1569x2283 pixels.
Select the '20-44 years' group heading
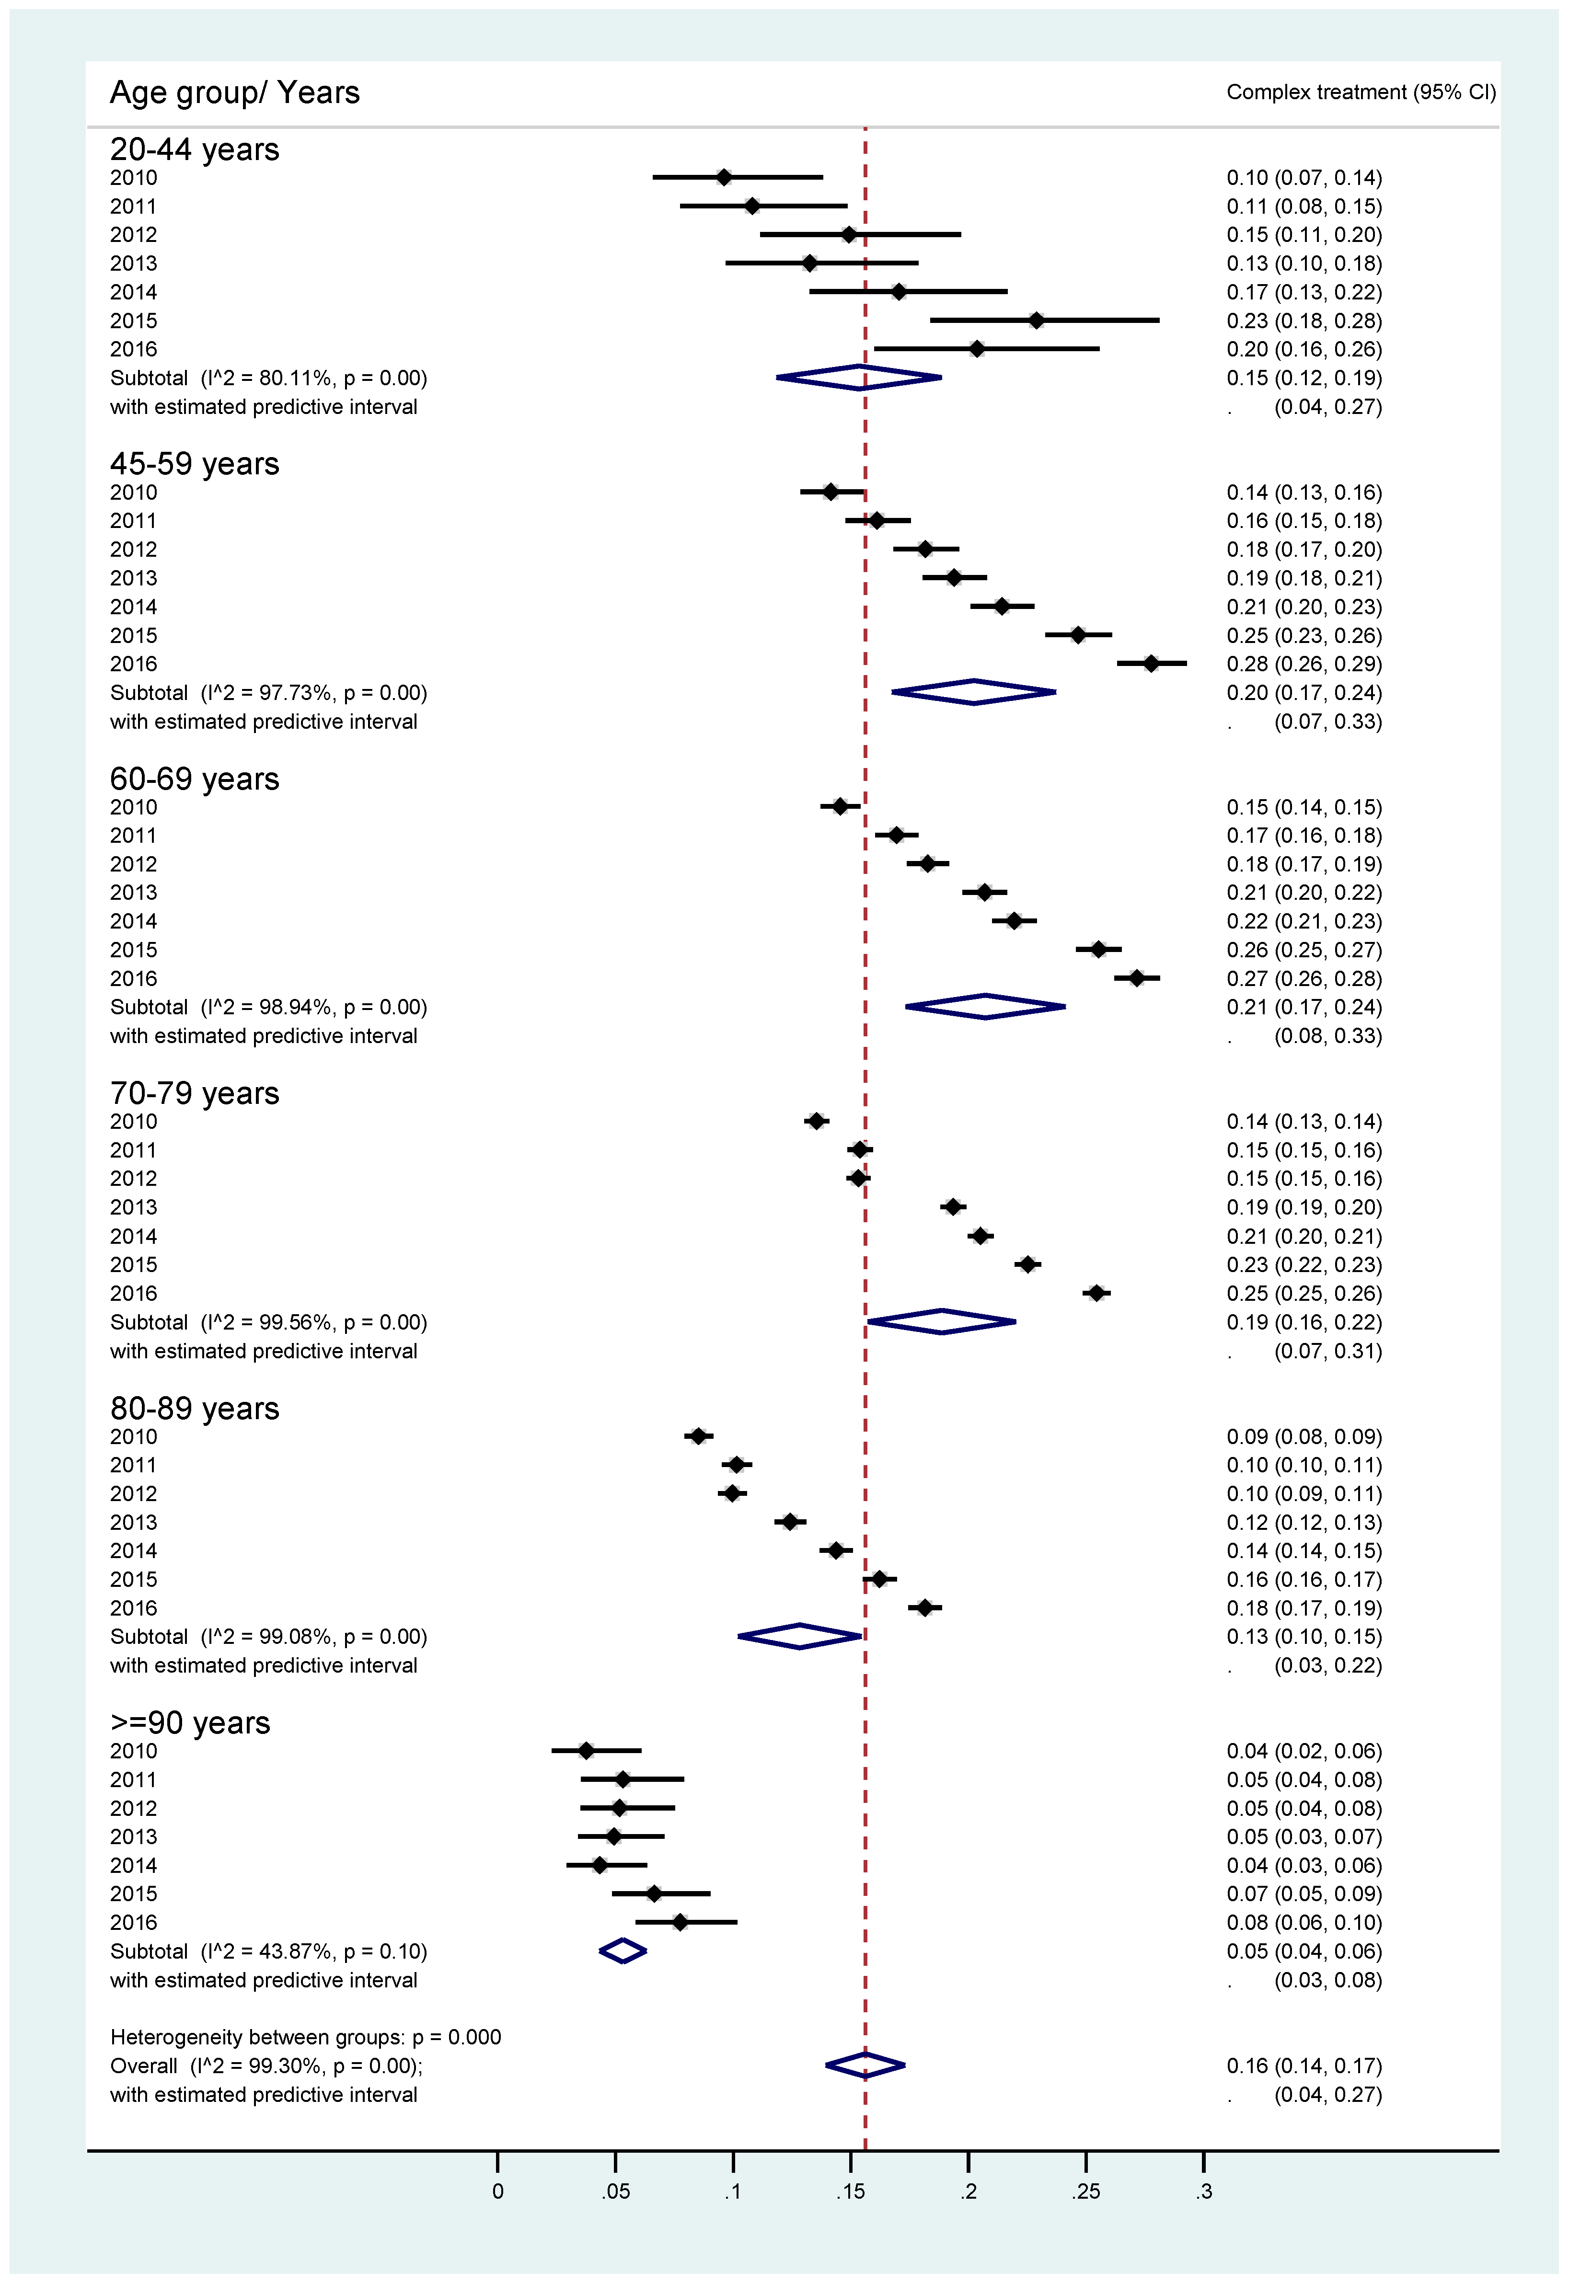(195, 149)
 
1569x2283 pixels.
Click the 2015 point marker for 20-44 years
(1036, 321)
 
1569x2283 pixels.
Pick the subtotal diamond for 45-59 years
(973, 692)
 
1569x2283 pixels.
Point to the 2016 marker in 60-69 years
(1136, 978)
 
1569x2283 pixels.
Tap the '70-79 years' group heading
(195, 1093)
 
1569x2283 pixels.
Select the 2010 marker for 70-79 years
(816, 1121)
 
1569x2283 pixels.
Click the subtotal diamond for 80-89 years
(800, 1636)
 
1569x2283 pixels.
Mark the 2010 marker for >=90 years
(587, 1750)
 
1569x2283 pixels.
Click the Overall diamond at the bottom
(865, 2066)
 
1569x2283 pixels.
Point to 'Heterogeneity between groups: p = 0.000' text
(306, 2037)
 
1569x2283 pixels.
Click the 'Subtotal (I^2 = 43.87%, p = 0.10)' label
(268, 1951)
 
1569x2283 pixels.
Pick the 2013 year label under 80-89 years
(134, 1522)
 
